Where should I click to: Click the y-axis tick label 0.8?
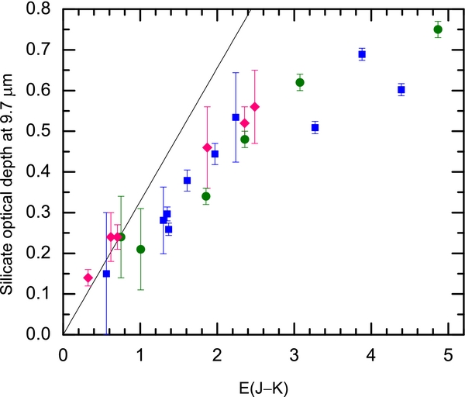[x=40, y=9]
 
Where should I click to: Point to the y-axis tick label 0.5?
[x=40, y=131]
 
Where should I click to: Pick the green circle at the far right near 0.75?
[x=438, y=29]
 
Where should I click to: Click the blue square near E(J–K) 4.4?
[x=401, y=90]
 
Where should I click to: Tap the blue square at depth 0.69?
[x=362, y=54]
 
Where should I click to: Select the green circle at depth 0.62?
[x=300, y=82]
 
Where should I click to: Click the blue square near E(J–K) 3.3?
[x=315, y=127]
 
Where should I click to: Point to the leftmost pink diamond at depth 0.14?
[x=88, y=278]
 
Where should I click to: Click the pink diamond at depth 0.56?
[x=255, y=107]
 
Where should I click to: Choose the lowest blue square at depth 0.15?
[x=106, y=274]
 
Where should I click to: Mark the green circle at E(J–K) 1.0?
[x=140, y=249]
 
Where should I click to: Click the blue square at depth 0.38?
[x=187, y=181]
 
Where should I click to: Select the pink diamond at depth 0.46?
[x=207, y=147]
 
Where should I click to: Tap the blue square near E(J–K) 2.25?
[x=236, y=117]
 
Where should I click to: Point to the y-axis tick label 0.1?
[x=40, y=294]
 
